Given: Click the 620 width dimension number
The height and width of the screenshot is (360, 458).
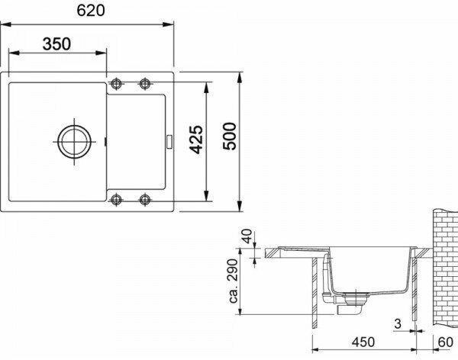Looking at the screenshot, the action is [x=91, y=11].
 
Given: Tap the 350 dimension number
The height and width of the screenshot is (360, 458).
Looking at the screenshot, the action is [x=56, y=44].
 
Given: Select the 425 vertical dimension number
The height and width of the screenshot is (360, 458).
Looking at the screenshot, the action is [x=196, y=140].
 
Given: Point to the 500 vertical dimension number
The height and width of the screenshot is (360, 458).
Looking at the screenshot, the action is [x=230, y=137].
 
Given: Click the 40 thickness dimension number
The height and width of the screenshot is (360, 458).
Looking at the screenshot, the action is [x=247, y=236].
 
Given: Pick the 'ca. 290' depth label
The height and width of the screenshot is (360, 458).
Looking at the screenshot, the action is [x=234, y=281].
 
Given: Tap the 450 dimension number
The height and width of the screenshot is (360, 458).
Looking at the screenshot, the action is [x=363, y=342].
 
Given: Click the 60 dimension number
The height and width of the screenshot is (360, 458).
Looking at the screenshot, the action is [x=446, y=342].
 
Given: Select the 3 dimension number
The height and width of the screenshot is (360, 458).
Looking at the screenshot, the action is [x=398, y=323].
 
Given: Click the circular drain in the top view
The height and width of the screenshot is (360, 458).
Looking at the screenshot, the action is [x=74, y=142].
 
